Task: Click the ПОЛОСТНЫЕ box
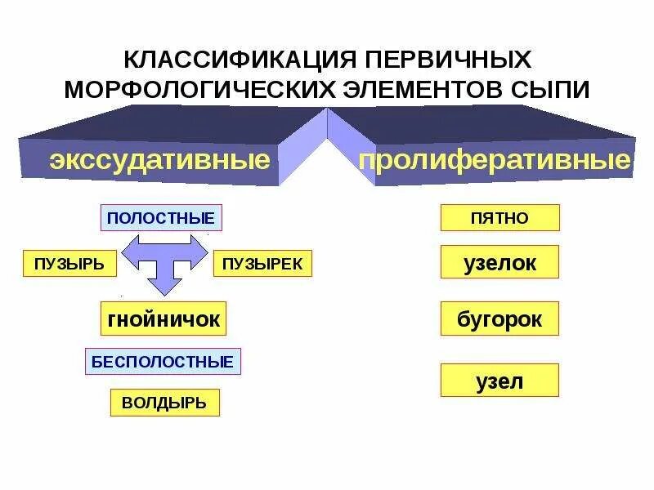coord(161,218)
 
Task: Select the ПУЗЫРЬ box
coord(69,264)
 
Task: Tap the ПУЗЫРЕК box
coord(262,264)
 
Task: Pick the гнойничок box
coord(163,318)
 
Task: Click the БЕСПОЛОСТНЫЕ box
coord(163,361)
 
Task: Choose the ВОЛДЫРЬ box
coord(164,403)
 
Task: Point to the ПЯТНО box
coord(499,218)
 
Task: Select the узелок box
coord(499,264)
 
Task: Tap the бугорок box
coord(499,318)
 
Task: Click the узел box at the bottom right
coord(499,381)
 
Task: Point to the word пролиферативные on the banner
coord(495,159)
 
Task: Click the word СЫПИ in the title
coord(556,88)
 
